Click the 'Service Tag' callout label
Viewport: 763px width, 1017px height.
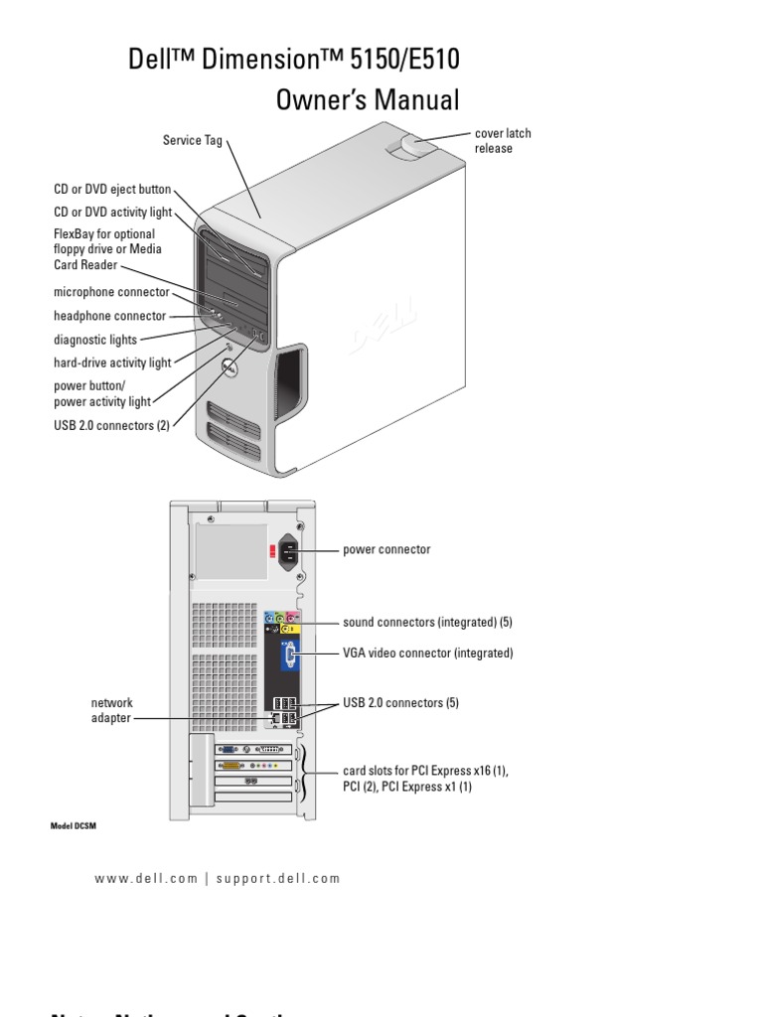[x=193, y=141]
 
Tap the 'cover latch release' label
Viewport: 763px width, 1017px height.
[x=495, y=141]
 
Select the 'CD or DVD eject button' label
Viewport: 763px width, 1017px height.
[x=112, y=189]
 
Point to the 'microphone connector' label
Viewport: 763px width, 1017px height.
[x=110, y=292]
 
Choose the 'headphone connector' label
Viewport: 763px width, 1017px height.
[x=109, y=316]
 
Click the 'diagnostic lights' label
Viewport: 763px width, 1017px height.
[x=94, y=340]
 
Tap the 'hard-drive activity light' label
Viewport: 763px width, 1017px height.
[x=112, y=363]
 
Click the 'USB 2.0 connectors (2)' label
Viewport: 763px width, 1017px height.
[x=111, y=426]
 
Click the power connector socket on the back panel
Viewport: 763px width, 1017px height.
[x=291, y=550]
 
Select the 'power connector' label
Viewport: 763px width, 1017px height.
[x=386, y=549]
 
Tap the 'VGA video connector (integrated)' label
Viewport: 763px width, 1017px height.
[x=427, y=654]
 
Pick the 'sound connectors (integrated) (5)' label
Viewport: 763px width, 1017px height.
[x=427, y=623]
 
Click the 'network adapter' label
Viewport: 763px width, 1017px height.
[x=111, y=710]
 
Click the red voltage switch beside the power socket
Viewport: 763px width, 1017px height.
[x=271, y=551]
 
